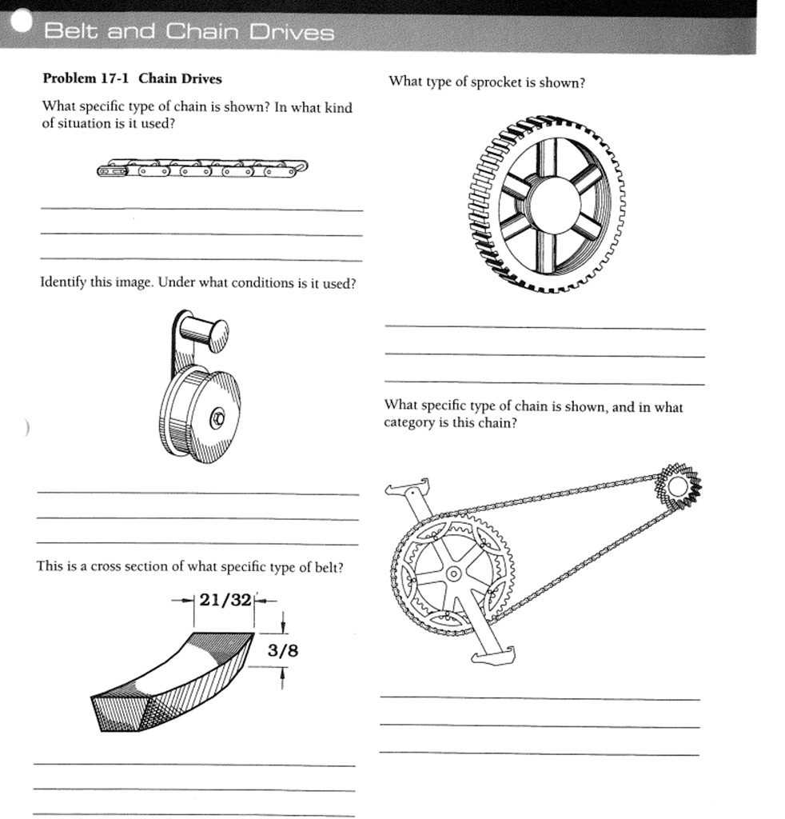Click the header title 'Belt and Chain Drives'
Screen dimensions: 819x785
click(189, 32)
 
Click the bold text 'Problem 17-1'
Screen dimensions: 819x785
click(86, 78)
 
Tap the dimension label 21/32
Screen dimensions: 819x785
click(225, 601)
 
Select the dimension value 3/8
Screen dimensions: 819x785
click(282, 650)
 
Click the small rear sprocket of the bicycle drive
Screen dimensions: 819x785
click(679, 485)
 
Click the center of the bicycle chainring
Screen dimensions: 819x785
click(452, 573)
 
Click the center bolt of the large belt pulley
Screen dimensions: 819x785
click(216, 417)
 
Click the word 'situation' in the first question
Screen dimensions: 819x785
click(85, 124)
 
